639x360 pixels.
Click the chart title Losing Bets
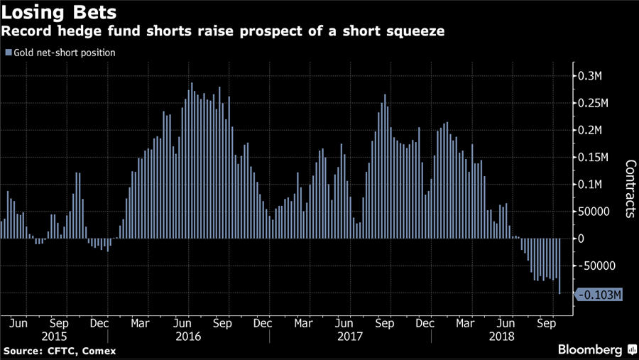[x=59, y=13]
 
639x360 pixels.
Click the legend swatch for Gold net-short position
[x=8, y=53]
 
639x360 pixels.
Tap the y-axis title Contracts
[x=630, y=188]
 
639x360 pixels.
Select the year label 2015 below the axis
[x=55, y=336]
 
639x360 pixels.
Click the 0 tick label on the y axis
[x=581, y=239]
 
